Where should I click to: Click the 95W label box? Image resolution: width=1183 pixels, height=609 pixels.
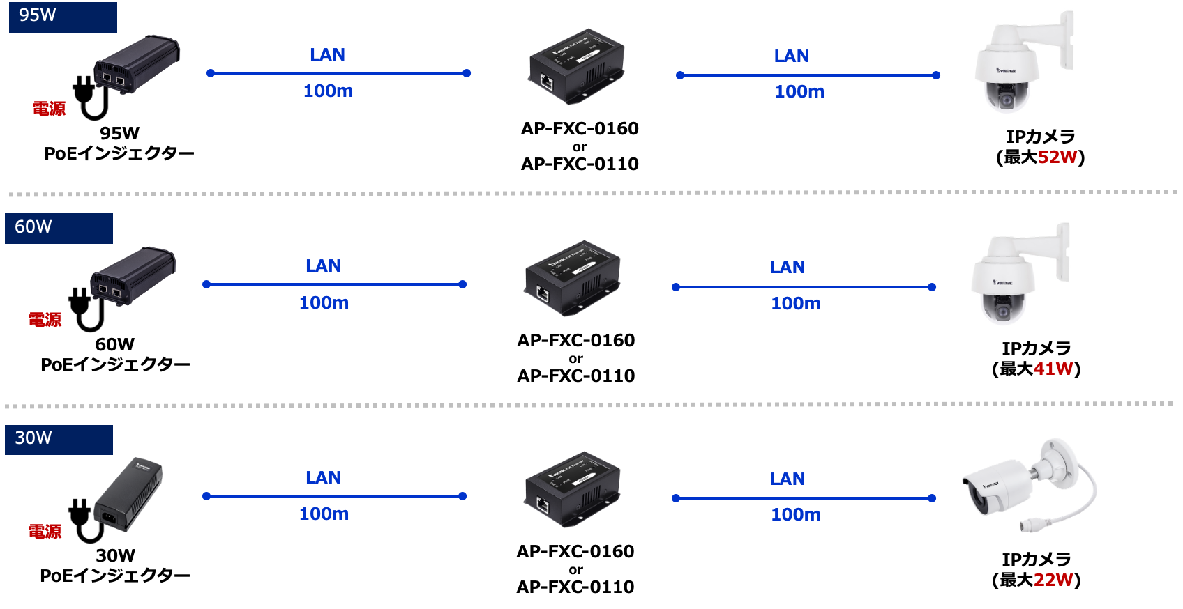click(x=63, y=17)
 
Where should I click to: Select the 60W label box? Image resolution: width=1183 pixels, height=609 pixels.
click(x=59, y=228)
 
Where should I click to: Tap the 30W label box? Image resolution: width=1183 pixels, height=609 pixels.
click(x=59, y=440)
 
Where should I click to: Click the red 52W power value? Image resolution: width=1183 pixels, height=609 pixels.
click(x=1057, y=157)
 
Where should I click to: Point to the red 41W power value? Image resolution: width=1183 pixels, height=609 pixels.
click(x=1053, y=369)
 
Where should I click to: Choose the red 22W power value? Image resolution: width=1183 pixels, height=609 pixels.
click(x=1053, y=580)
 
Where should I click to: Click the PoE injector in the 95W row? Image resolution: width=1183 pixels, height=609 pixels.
click(x=137, y=64)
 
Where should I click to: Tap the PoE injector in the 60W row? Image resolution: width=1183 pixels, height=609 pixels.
click(x=133, y=275)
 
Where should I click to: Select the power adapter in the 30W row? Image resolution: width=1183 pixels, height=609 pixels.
click(x=128, y=494)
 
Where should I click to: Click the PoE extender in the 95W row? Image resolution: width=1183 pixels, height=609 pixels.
click(x=576, y=65)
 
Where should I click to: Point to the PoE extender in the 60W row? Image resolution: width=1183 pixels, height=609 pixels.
click(x=572, y=277)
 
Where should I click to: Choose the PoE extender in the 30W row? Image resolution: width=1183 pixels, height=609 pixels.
click(x=572, y=488)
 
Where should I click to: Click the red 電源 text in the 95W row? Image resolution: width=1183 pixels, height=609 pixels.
click(x=49, y=109)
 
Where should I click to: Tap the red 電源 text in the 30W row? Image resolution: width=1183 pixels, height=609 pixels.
click(x=45, y=532)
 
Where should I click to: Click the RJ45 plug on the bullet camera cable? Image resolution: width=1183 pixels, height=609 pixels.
click(x=1027, y=525)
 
